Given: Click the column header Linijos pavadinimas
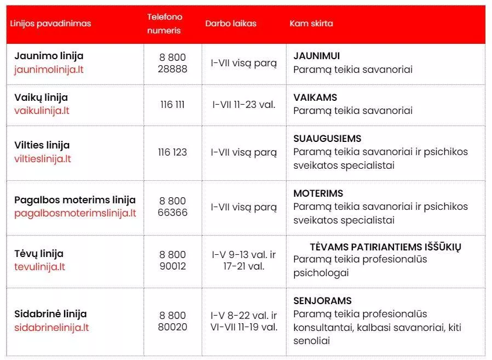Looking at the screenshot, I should (x=50, y=24).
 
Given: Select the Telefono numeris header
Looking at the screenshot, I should (x=164, y=24).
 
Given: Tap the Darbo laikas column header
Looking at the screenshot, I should (x=231, y=24).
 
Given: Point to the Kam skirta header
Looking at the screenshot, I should (x=311, y=24).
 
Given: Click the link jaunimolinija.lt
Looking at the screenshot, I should (x=49, y=70).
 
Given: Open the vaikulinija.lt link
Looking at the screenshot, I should (x=42, y=111).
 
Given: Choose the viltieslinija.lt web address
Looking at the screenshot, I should (x=43, y=159).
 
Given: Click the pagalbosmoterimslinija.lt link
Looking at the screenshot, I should (x=75, y=213).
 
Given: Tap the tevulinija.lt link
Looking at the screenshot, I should (x=40, y=267).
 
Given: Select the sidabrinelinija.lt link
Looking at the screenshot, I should (x=52, y=328).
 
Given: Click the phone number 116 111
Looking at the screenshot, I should (x=173, y=104).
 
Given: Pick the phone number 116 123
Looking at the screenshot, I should (x=173, y=152).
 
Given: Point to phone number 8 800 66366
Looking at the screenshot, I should (x=173, y=207).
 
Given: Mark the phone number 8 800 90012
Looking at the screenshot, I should (x=173, y=260).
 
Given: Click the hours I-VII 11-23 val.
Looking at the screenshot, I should (x=244, y=104).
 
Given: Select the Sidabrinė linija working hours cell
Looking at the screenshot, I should (x=244, y=321).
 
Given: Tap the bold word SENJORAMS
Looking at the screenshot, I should (x=322, y=301).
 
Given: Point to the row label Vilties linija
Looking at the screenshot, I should (x=42, y=145).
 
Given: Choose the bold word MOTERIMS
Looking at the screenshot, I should (x=318, y=193).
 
